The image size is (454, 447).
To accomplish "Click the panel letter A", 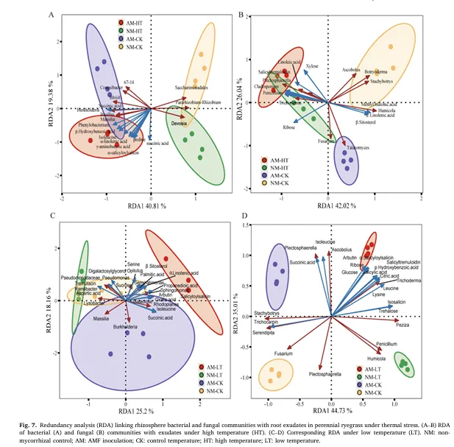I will coord(52,15).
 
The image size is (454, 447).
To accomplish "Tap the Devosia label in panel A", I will coord(179,123).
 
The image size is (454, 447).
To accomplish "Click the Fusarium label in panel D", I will coord(284,353).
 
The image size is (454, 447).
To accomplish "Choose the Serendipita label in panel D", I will coord(264,332).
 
